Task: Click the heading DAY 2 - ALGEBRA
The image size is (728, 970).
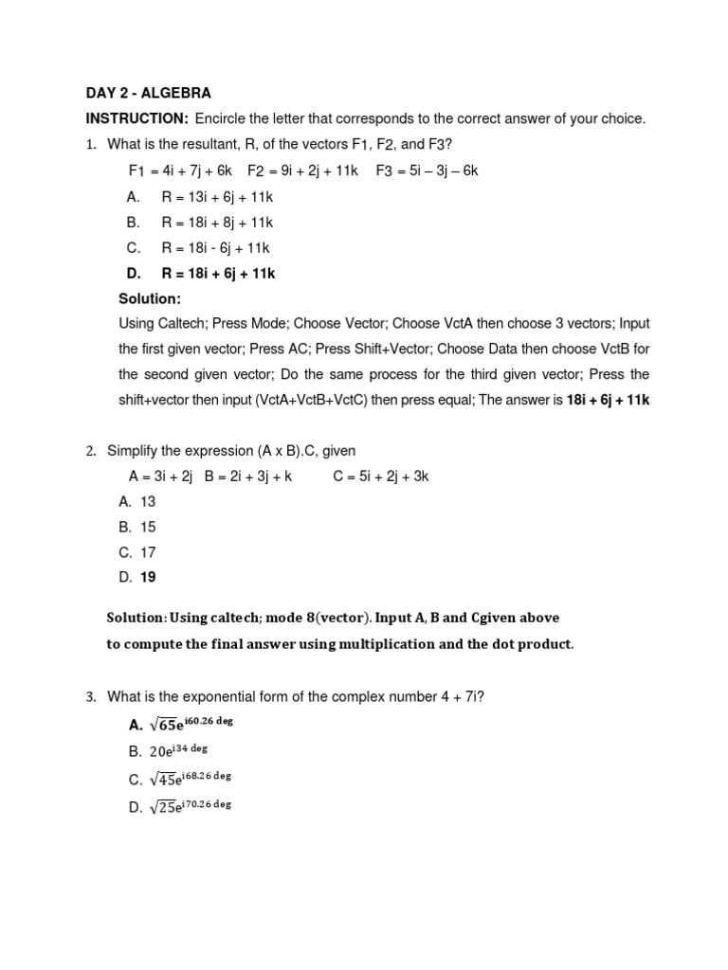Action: click(148, 93)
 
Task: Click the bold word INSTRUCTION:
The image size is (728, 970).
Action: click(137, 118)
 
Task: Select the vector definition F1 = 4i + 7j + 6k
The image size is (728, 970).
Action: click(180, 171)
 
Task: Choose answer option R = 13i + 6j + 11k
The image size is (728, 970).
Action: click(217, 197)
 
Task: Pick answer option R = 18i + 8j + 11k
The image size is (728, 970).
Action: click(217, 223)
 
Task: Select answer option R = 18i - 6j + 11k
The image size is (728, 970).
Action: click(215, 248)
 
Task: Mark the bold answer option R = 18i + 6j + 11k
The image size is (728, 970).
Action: click(218, 274)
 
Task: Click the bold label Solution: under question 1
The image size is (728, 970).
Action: click(150, 299)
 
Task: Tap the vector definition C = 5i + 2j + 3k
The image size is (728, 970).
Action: click(381, 476)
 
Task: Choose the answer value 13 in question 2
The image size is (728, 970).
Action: click(148, 502)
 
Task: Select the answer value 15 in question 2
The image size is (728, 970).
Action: click(148, 528)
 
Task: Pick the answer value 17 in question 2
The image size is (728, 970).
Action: click(148, 553)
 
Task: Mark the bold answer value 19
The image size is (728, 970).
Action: click(148, 578)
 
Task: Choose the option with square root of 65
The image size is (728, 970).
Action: click(191, 725)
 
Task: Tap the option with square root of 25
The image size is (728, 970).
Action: click(190, 807)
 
